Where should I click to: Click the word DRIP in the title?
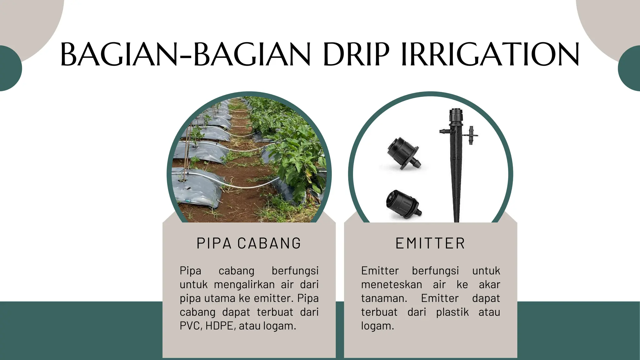pos(356,55)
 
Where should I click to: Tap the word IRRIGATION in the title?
pos(490,55)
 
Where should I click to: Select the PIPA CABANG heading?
pos(249,243)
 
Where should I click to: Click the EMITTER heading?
pos(430,243)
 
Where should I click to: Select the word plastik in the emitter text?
pos(452,312)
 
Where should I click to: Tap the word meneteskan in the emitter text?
pos(392,285)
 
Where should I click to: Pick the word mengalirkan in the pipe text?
pos(244,285)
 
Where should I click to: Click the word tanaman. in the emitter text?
pos(384,298)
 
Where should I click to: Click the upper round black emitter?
pos(403,153)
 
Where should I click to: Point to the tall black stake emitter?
pos(456,175)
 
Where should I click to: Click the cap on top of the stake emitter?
pos(455,116)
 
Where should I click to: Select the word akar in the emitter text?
pos(489,285)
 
